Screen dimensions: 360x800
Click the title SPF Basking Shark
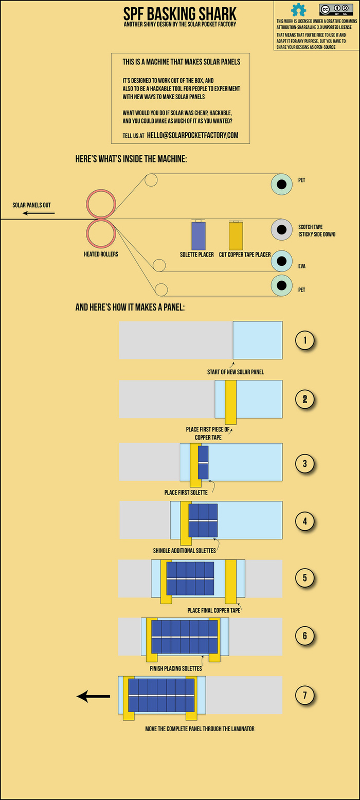(x=179, y=13)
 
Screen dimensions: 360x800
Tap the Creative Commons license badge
(x=332, y=10)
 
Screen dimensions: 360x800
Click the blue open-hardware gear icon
(x=298, y=10)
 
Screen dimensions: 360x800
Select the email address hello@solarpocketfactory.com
(x=192, y=135)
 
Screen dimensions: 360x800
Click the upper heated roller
(x=101, y=204)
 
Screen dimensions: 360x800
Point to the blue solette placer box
(x=199, y=236)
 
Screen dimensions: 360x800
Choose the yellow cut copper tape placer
(x=236, y=236)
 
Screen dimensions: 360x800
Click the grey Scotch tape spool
(x=281, y=229)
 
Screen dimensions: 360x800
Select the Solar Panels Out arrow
(x=32, y=212)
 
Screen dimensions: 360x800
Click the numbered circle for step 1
(x=305, y=340)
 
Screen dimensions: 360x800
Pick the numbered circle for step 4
(x=305, y=521)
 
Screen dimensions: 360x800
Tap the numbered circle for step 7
(x=305, y=696)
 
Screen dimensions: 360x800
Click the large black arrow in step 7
(x=94, y=696)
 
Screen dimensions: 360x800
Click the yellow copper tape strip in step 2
(x=230, y=399)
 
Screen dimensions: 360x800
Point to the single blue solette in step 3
(x=203, y=462)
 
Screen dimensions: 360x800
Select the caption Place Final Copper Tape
(x=214, y=610)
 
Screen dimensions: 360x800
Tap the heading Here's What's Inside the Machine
(x=131, y=159)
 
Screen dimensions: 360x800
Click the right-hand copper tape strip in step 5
(x=230, y=581)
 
